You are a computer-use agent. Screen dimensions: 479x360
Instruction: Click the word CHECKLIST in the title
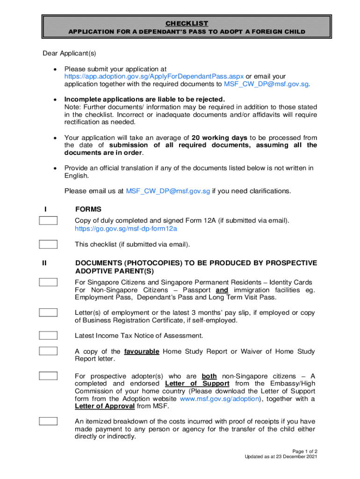click(187, 23)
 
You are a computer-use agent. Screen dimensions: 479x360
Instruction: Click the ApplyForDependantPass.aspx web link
click(154, 76)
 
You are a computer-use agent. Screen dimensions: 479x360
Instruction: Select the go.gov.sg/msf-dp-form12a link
click(126, 229)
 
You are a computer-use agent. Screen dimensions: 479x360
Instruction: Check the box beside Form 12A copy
click(48, 221)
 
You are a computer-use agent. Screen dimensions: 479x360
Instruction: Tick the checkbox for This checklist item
click(48, 244)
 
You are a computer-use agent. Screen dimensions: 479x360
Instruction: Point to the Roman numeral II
click(44, 263)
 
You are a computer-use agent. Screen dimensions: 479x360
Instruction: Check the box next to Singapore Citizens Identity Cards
click(48, 282)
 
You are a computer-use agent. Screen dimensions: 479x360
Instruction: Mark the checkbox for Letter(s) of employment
click(48, 312)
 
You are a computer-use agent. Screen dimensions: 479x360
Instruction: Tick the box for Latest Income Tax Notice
click(48, 335)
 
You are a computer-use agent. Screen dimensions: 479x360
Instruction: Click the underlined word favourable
click(142, 351)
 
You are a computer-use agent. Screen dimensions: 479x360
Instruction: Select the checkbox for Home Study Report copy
click(48, 351)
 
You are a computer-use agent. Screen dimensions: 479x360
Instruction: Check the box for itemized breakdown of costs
click(48, 421)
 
